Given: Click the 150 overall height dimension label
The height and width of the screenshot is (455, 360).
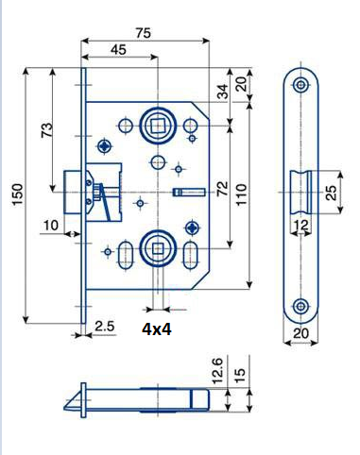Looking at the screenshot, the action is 18,194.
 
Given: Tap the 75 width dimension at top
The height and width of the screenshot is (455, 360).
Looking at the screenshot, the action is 144,33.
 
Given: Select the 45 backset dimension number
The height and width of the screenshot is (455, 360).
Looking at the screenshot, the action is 118,49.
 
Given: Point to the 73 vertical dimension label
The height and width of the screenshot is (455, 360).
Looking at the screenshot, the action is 47,130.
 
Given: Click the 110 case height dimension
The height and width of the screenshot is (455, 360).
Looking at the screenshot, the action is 242,194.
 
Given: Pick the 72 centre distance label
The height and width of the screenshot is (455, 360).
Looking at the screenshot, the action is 222,189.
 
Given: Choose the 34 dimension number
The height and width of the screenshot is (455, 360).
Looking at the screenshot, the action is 223,92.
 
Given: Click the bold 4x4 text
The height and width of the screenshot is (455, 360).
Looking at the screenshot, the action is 157,329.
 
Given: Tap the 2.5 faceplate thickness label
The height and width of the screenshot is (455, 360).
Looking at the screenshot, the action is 104,326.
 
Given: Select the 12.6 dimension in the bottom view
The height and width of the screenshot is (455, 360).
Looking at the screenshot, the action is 217,370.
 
